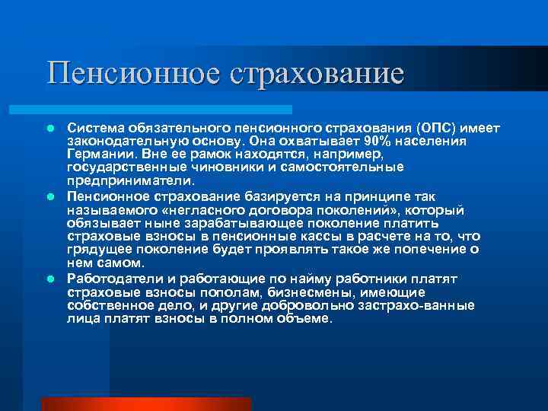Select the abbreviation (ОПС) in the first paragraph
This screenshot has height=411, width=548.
(x=436, y=129)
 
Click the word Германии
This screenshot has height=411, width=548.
(x=94, y=155)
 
